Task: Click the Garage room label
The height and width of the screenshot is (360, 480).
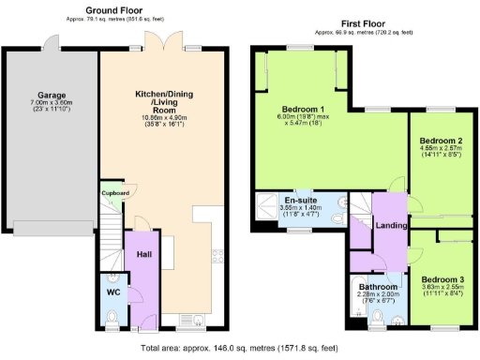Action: [50, 95]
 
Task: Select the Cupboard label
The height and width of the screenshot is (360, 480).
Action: [115, 193]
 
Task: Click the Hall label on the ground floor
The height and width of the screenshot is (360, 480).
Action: [142, 254]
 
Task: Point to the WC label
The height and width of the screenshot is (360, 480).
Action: [112, 293]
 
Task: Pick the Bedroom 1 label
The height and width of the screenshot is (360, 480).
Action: [302, 109]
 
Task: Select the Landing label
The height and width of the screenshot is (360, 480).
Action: [391, 226]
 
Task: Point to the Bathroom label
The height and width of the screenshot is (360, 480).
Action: [378, 286]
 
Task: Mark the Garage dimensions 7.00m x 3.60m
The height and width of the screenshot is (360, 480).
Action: [50, 107]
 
